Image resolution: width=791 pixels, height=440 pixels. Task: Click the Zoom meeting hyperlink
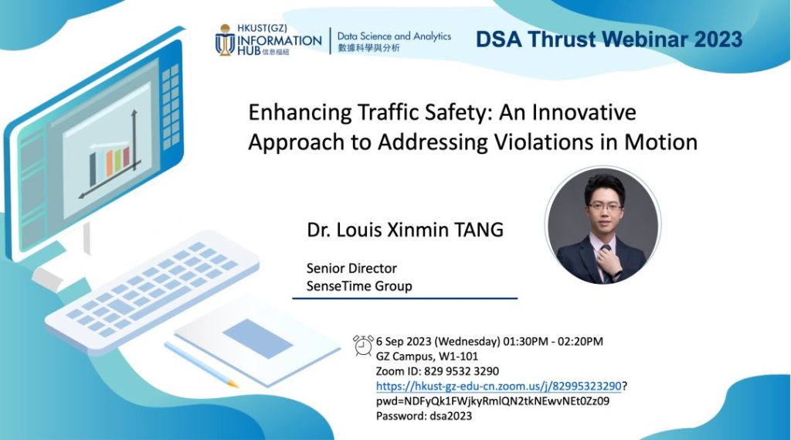[x=498, y=387]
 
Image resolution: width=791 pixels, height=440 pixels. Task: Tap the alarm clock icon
[x=363, y=345]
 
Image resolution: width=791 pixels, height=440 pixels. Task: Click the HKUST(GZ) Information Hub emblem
[x=225, y=39]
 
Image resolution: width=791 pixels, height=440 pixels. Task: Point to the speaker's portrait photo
[x=603, y=225]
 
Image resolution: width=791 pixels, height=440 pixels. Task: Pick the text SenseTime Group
[x=359, y=286]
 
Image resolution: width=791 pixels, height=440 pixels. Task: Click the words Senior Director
[x=351, y=268]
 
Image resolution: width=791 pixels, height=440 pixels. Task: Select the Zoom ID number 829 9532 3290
[x=461, y=371]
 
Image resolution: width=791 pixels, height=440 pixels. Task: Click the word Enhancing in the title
[x=300, y=113]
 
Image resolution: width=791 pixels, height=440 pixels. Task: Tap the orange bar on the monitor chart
[x=109, y=163]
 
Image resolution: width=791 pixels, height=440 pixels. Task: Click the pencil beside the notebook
[x=201, y=364]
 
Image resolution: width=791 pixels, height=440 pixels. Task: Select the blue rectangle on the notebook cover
[x=258, y=339]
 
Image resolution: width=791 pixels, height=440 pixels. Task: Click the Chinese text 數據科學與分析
[x=368, y=48]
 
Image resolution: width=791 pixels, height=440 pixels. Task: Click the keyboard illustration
[x=152, y=285]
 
